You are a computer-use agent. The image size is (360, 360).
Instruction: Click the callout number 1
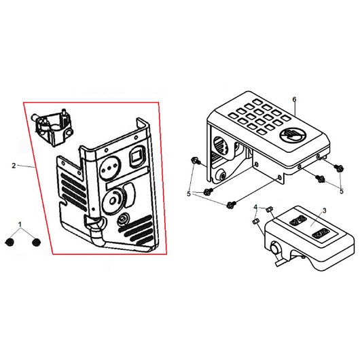pos(20,224)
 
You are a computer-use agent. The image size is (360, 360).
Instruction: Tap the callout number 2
pos(14,165)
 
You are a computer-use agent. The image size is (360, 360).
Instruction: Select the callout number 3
pos(324,211)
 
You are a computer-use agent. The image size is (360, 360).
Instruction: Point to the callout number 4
pos(255,207)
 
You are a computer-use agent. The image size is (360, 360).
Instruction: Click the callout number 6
pos(294,99)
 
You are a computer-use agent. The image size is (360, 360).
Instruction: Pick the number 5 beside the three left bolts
pos(189,194)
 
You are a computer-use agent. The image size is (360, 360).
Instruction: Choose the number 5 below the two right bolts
pos(342,191)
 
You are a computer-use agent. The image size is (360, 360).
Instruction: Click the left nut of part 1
pos(10,242)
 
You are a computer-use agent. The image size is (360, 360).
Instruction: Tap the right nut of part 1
pos(36,242)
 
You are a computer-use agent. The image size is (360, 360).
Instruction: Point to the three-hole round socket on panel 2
pos(109,168)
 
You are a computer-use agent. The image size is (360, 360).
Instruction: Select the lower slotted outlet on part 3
pos(320,234)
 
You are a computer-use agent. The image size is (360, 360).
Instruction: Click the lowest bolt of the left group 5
pos(231,204)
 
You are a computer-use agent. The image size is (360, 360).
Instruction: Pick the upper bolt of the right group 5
pos(339,168)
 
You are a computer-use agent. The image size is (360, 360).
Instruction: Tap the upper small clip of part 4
pos(269,209)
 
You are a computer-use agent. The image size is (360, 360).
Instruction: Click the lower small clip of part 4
pos(255,221)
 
